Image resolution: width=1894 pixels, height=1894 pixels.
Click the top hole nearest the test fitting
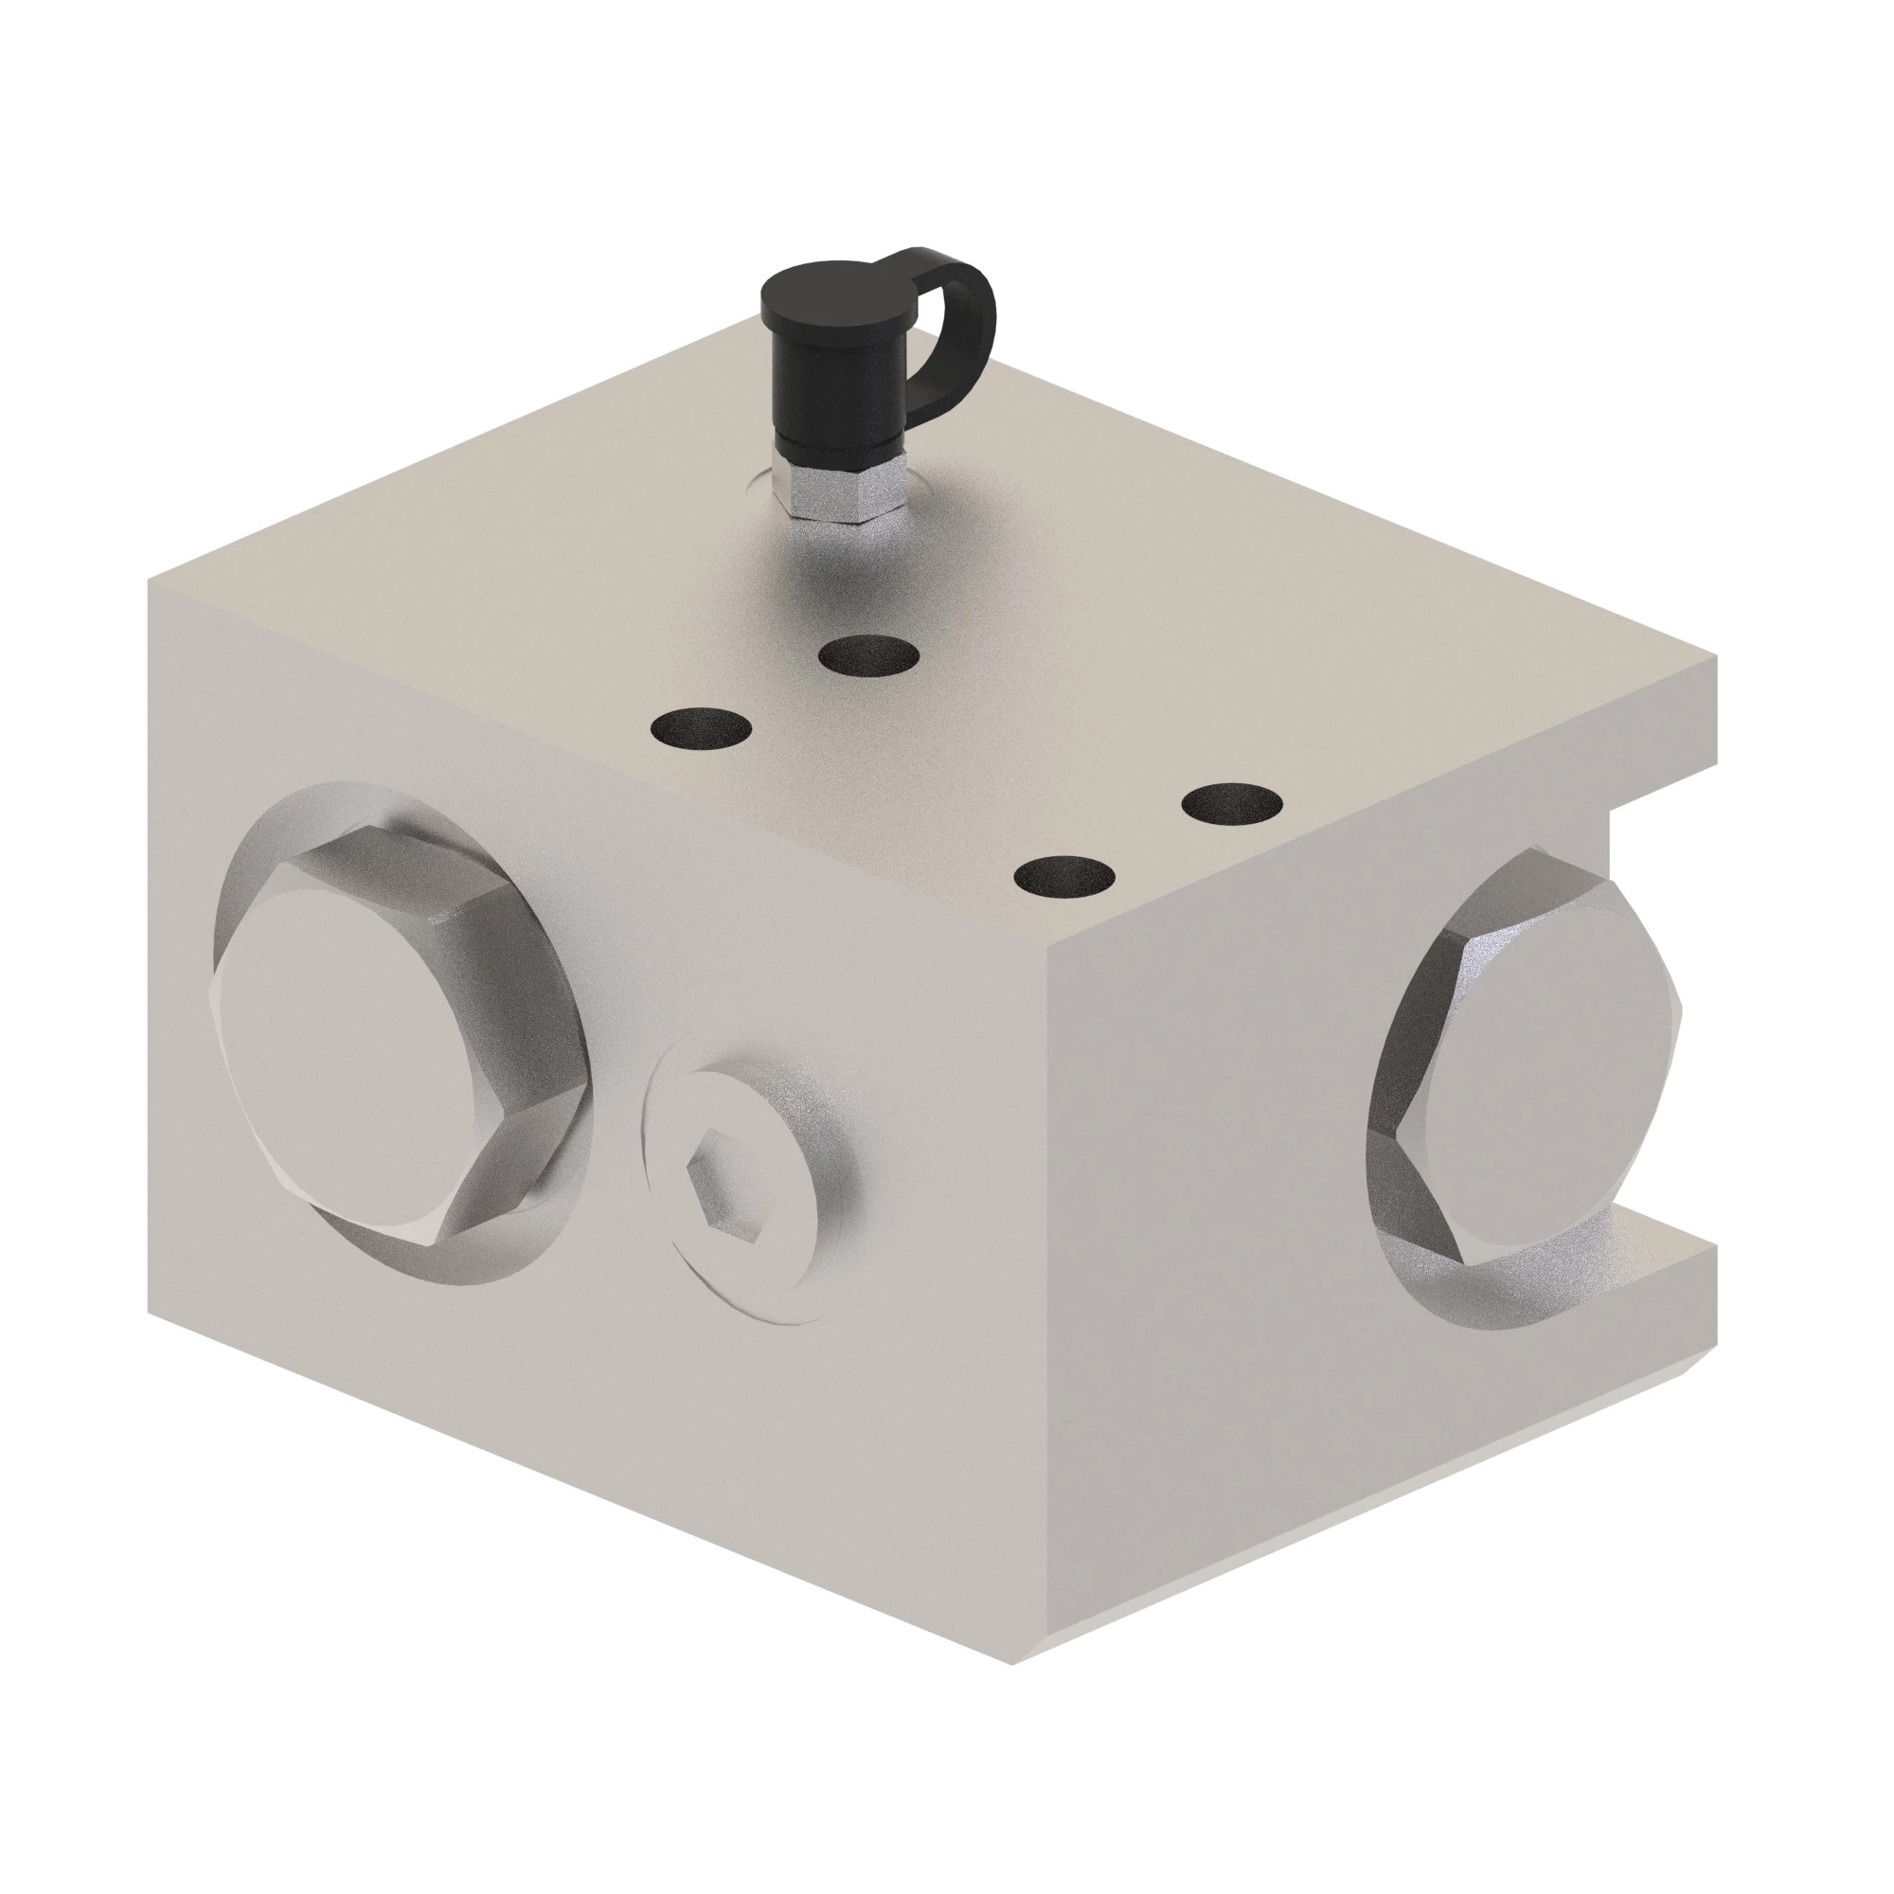(x=868, y=655)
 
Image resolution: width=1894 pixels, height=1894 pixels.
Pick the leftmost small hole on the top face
(x=702, y=728)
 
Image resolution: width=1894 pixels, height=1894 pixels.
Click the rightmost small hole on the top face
(x=1231, y=804)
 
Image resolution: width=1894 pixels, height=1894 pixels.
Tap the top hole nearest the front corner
(x=1064, y=875)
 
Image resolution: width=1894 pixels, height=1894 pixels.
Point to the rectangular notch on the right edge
(x=1667, y=1025)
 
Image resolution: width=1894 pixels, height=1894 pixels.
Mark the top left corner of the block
(x=149, y=581)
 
